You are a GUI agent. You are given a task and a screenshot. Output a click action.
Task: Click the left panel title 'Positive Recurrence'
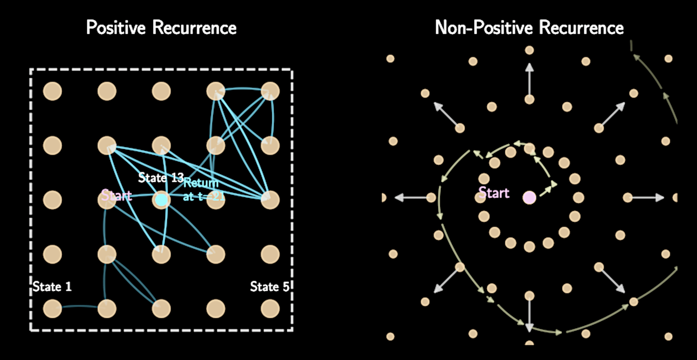click(161, 27)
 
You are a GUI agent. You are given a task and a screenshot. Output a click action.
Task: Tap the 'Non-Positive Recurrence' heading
click(529, 27)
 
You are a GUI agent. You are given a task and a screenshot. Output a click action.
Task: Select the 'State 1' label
click(52, 286)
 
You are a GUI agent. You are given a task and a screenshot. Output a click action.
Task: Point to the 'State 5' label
click(270, 286)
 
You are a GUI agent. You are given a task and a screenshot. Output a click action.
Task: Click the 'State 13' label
click(161, 177)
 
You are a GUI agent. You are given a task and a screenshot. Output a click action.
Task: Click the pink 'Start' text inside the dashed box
click(117, 195)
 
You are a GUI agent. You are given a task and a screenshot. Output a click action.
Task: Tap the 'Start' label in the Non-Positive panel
click(494, 193)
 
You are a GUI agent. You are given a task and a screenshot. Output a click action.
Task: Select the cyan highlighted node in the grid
click(161, 200)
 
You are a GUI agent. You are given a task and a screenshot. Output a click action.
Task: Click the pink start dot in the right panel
click(529, 197)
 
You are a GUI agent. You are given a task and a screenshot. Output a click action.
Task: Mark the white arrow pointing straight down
click(529, 314)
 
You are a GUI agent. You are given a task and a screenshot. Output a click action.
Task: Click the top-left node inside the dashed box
click(52, 91)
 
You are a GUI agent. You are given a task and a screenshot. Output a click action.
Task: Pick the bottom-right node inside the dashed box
click(270, 309)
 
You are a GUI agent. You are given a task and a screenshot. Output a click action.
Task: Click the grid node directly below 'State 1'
click(52, 309)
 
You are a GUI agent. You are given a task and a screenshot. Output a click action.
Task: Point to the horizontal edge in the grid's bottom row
click(80, 307)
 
